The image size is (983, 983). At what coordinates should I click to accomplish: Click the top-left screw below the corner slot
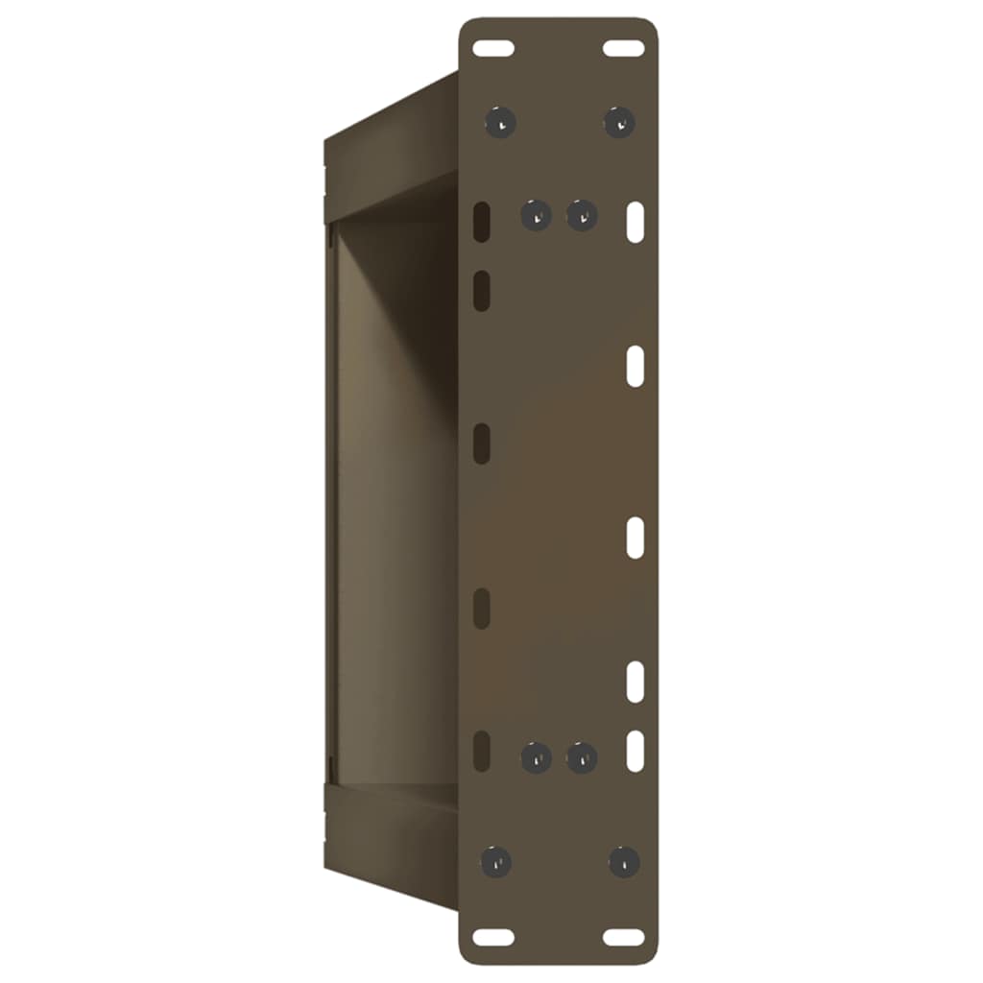pyautogui.click(x=500, y=122)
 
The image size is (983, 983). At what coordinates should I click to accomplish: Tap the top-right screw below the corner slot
pyautogui.click(x=619, y=122)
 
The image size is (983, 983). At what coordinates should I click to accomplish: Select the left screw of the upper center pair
pyautogui.click(x=536, y=215)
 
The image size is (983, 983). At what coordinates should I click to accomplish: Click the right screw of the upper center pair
pyautogui.click(x=582, y=215)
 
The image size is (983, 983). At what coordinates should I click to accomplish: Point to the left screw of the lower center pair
pyautogui.click(x=536, y=757)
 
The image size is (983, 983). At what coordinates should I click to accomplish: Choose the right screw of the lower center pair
pyautogui.click(x=582, y=757)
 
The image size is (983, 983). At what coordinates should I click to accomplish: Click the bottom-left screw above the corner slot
pyautogui.click(x=496, y=860)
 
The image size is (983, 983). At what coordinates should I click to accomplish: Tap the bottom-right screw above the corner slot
pyautogui.click(x=624, y=860)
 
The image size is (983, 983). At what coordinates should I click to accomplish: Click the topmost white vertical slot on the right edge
pyautogui.click(x=635, y=220)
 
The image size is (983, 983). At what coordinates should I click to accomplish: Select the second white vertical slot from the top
pyautogui.click(x=635, y=368)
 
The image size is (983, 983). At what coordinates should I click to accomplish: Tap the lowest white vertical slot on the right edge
pyautogui.click(x=635, y=750)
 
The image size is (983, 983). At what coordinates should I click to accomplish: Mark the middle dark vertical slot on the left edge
pyautogui.click(x=483, y=443)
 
